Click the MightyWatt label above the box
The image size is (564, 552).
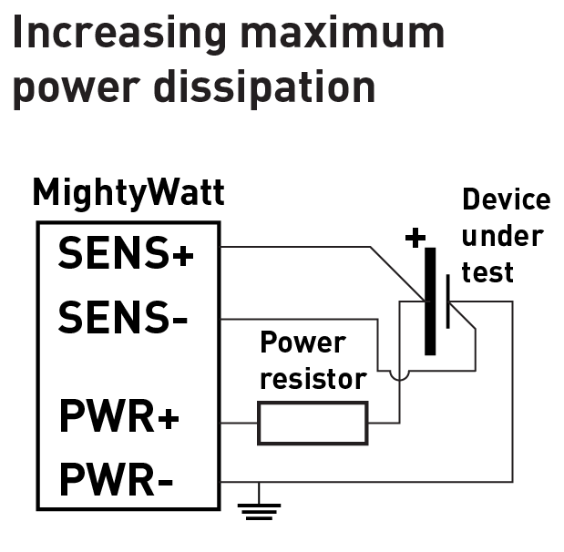(x=128, y=193)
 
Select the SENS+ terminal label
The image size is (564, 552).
(x=126, y=252)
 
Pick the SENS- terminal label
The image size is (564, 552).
(x=124, y=316)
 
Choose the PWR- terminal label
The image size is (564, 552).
(x=116, y=479)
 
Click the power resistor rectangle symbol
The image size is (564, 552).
(x=313, y=424)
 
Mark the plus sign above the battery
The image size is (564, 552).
(x=415, y=239)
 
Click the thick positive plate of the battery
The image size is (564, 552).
(x=430, y=301)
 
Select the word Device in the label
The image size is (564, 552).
(x=506, y=200)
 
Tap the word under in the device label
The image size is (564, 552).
(x=502, y=236)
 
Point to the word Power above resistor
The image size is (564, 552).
(x=303, y=343)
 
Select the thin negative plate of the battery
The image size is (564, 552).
(x=448, y=301)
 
